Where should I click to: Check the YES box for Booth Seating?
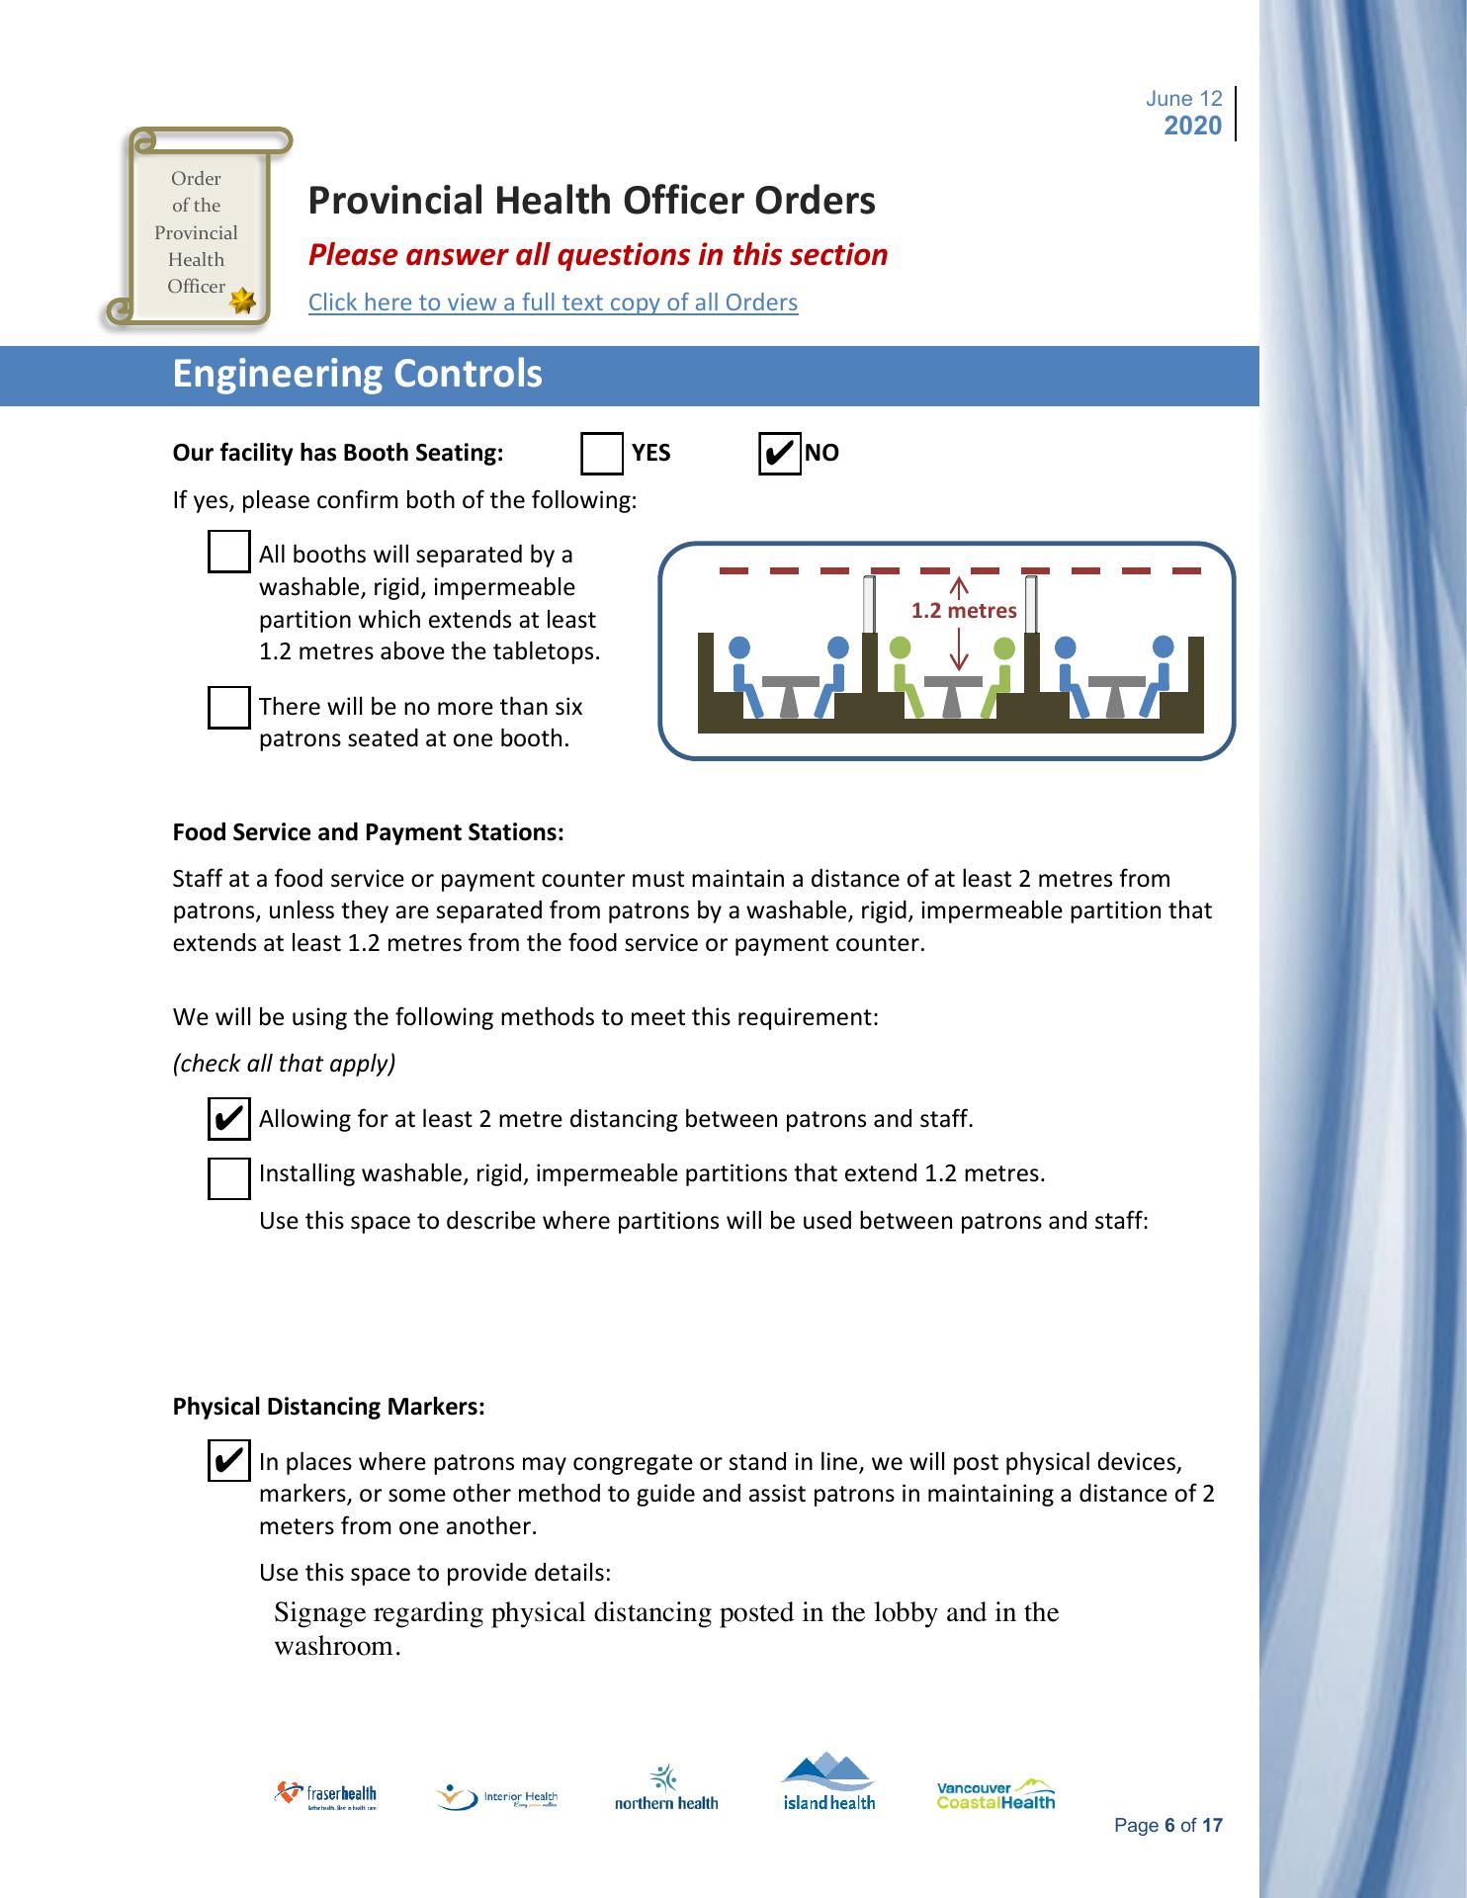tap(602, 454)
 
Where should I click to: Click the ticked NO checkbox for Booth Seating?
tap(779, 454)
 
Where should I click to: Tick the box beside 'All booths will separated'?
tap(229, 552)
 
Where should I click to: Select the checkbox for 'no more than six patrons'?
tap(229, 708)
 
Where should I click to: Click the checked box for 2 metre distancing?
tap(229, 1118)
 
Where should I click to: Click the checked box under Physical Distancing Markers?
tap(229, 1460)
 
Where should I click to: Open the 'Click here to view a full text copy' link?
tap(553, 302)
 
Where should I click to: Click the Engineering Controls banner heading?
tap(358, 375)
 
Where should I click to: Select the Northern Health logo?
tap(666, 1789)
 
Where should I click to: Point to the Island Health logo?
tap(828, 1782)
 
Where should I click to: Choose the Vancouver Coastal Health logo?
tap(995, 1794)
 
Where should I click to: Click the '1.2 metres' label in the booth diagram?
tap(964, 611)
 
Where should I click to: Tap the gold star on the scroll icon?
tap(241, 302)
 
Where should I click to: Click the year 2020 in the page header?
tap(1193, 126)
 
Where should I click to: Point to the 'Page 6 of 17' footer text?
tap(1167, 1826)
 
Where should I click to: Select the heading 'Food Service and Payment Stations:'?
tap(368, 832)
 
